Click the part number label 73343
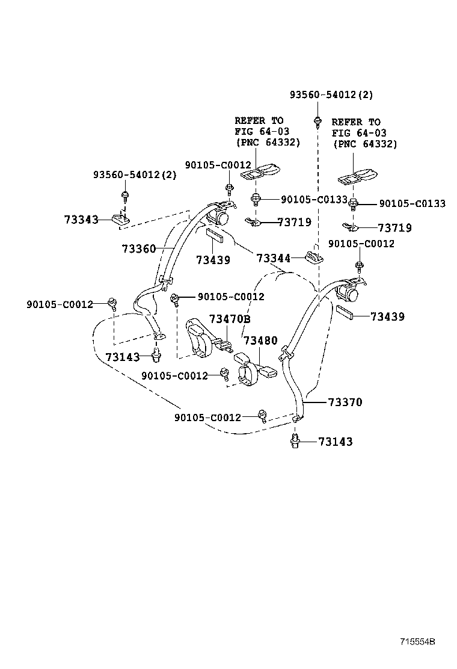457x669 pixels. pos(81,220)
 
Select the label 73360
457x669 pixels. pos(138,248)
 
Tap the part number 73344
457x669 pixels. pos(273,258)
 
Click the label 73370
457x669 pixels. pos(345,402)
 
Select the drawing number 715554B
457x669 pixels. pos(415,642)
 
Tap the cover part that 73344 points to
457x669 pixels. pos(313,257)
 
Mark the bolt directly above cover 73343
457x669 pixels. pos(124,196)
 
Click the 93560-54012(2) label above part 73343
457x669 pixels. pos(135,174)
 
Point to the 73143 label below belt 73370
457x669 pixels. pos(335,442)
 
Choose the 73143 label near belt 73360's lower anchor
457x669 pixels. pos(122,357)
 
